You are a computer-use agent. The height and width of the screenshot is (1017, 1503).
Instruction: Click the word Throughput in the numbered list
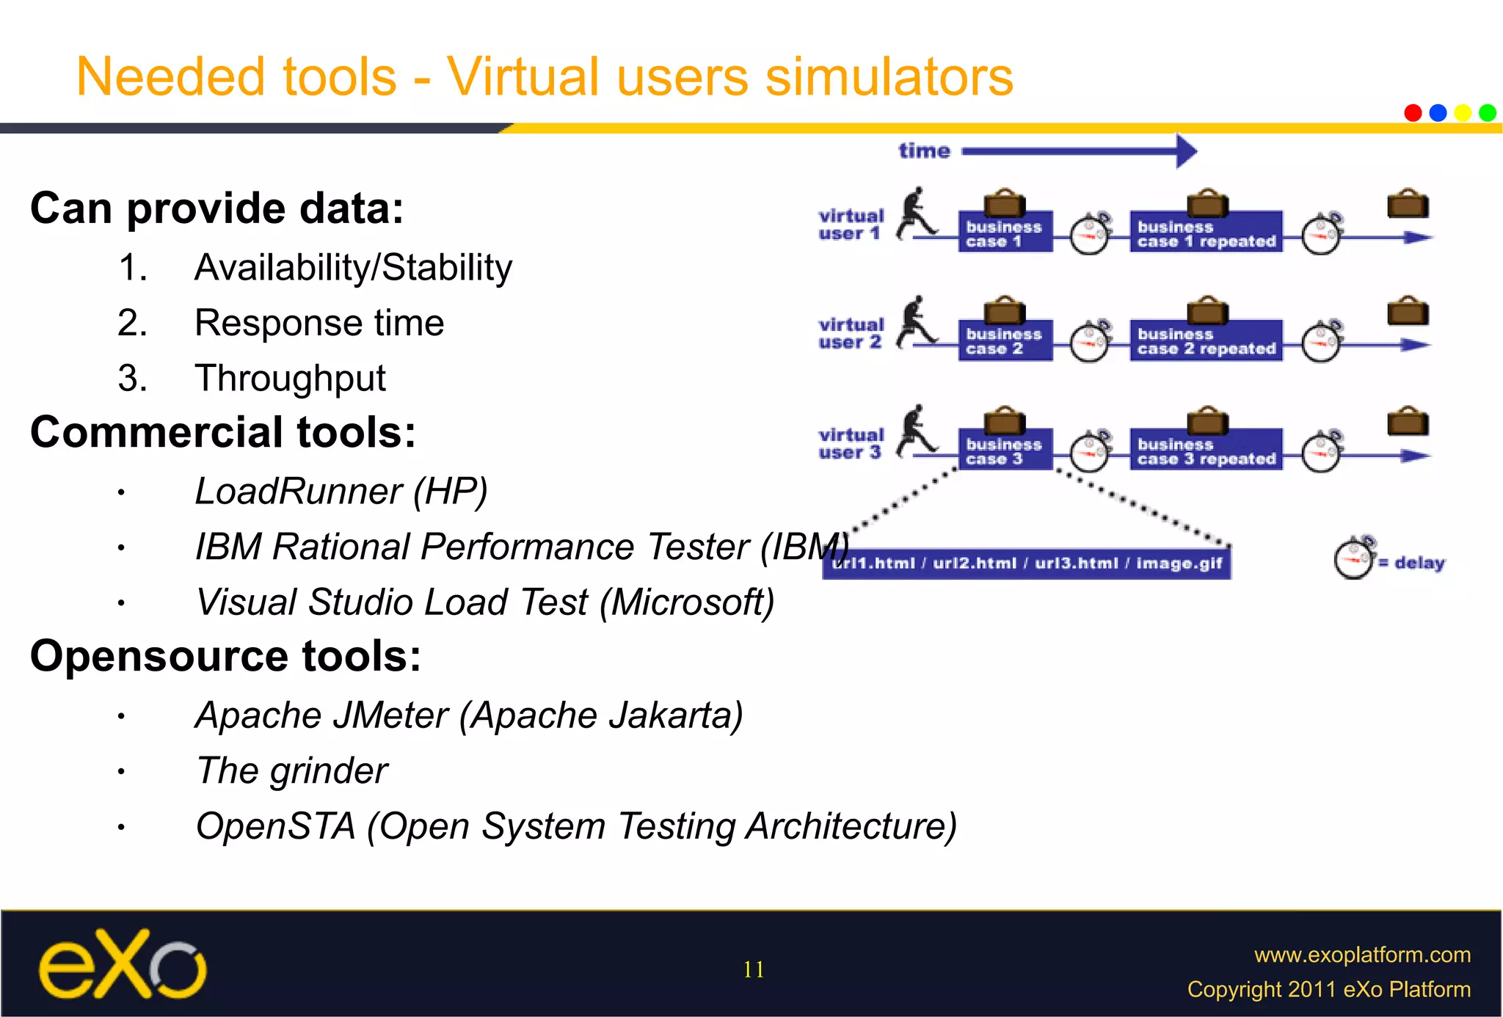[x=290, y=379]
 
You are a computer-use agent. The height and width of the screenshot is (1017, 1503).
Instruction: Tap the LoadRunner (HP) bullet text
[x=341, y=491]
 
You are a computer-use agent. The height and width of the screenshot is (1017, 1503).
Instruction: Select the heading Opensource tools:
[x=225, y=655]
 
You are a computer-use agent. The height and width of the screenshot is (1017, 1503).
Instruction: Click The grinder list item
[x=291, y=770]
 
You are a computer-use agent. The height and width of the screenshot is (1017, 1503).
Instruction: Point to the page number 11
[x=753, y=969]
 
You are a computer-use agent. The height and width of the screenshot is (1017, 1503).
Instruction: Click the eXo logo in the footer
[x=123, y=964]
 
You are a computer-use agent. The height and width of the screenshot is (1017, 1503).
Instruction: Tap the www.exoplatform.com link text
[x=1362, y=955]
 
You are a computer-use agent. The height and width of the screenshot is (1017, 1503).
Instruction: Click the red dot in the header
[x=1413, y=113]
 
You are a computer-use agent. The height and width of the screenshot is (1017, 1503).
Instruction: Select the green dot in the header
[x=1488, y=113]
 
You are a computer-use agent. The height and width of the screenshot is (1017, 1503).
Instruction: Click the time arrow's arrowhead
[x=1186, y=151]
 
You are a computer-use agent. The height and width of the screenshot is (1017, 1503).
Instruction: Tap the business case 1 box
[x=1005, y=233]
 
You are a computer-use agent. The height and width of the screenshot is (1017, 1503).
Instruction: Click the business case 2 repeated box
[x=1206, y=341]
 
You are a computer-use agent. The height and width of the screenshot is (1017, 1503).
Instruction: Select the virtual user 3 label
[x=851, y=443]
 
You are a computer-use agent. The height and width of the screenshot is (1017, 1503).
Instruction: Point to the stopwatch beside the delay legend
[x=1354, y=559]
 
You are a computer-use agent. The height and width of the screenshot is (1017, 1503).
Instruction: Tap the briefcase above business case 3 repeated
[x=1207, y=421]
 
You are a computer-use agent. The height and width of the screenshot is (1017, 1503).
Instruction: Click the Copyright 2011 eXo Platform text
[x=1328, y=989]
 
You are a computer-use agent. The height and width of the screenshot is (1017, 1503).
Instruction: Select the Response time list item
[x=319, y=323]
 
